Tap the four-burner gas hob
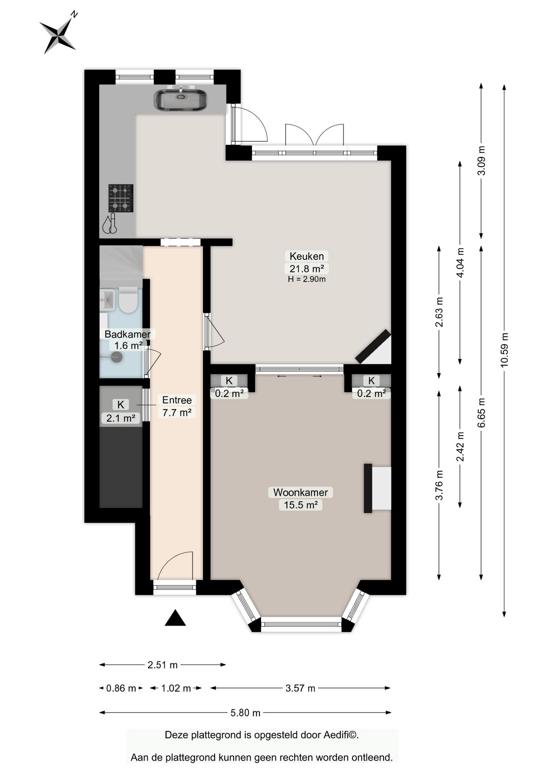pos(121,198)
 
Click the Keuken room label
pos(307,256)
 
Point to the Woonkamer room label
pos(300,492)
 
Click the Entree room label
pos(177,400)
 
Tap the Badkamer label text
pos(128,334)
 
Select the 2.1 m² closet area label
pos(120,418)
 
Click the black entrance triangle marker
pos(175,618)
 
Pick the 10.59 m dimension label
pos(504,349)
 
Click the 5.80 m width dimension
pos(245,713)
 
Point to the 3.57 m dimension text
pos(300,688)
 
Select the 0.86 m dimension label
pos(121,688)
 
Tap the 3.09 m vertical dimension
pos(481,161)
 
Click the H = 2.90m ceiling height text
pos(307,279)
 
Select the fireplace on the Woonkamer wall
pos(377,488)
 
